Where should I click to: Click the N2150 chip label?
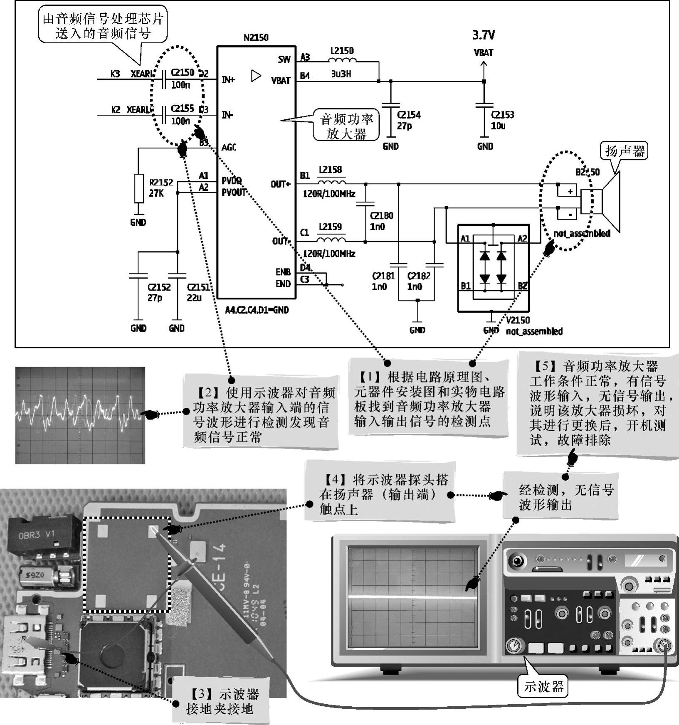click(256, 37)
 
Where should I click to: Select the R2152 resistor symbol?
click(139, 188)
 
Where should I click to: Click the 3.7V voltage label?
click(484, 35)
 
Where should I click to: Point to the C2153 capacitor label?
click(503, 115)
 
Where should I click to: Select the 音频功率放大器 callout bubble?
click(346, 126)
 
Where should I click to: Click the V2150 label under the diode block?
click(518, 320)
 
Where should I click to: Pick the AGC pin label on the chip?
click(229, 147)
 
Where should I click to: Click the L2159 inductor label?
click(330, 227)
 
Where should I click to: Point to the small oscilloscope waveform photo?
click(80, 415)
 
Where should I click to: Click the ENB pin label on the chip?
click(283, 272)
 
